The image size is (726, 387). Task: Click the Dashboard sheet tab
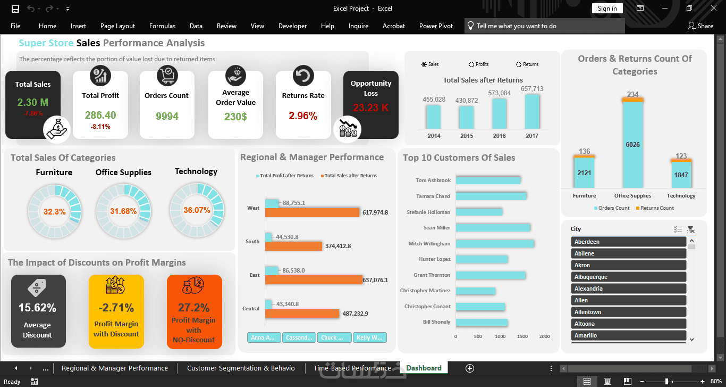click(424, 368)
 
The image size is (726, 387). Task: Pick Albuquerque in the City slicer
click(628, 277)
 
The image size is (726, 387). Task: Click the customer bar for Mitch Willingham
click(494, 244)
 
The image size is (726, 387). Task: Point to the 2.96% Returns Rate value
click(303, 116)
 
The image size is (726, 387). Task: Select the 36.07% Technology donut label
click(197, 210)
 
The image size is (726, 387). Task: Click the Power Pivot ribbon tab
click(436, 26)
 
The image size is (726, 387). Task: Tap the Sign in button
click(607, 9)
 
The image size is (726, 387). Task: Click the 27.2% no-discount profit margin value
click(194, 308)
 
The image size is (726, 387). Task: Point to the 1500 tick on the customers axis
click(522, 336)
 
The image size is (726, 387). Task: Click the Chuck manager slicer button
click(335, 337)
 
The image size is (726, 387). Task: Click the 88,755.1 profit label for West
click(294, 203)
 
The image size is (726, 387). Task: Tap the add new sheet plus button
click(469, 368)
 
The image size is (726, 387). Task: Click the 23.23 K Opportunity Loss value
click(371, 108)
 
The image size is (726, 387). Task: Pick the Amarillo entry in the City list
click(628, 335)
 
